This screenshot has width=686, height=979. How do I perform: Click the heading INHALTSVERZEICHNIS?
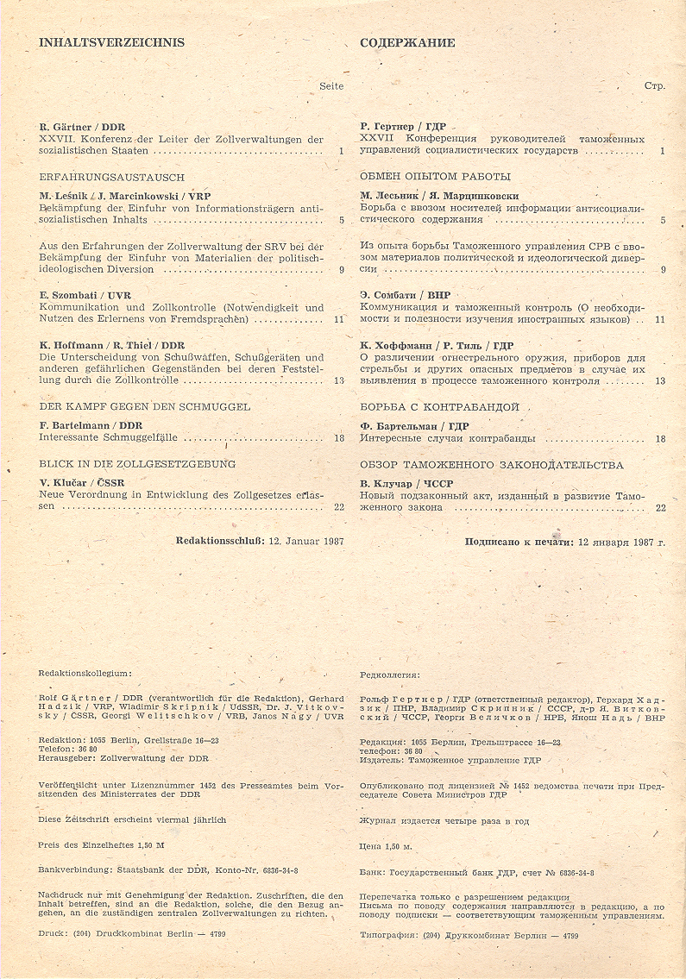[x=112, y=42]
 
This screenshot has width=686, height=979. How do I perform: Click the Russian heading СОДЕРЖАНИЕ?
[x=407, y=42]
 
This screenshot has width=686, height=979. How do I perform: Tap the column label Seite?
[x=331, y=85]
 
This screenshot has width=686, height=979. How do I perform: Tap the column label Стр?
[x=655, y=86]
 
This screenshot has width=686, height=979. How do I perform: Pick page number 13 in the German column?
[x=339, y=380]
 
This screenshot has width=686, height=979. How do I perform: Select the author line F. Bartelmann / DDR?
[x=91, y=425]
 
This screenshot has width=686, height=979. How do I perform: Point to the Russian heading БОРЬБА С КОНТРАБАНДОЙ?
[x=439, y=405]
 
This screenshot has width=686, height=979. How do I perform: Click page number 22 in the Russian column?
[x=660, y=508]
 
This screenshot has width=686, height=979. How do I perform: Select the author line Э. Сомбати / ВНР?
[x=405, y=295]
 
